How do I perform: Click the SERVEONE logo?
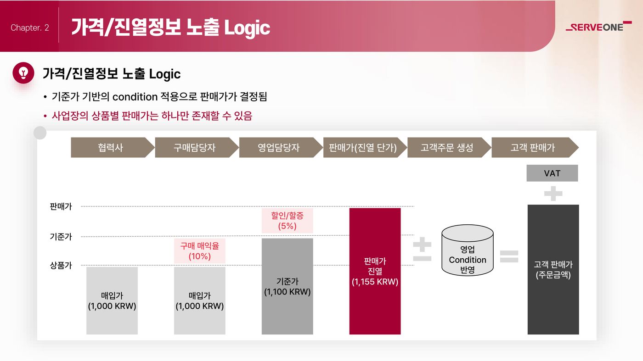[598, 27]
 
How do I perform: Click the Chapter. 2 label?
[30, 28]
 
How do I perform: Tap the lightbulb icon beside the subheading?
[23, 73]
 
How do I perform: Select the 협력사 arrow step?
[113, 147]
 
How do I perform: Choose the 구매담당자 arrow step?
[197, 147]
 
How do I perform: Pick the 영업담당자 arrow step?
[281, 147]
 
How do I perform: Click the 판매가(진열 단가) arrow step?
[365, 147]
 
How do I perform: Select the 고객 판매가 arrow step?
[535, 147]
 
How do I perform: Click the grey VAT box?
[552, 173]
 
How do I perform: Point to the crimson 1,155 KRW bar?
[375, 271]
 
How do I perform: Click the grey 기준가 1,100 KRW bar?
[288, 286]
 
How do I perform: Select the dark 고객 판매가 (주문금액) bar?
[553, 270]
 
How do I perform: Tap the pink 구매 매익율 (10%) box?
[200, 251]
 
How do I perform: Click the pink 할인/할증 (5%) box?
[288, 221]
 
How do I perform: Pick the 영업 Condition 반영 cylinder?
[468, 250]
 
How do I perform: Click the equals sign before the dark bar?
[509, 256]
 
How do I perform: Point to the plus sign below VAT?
[553, 194]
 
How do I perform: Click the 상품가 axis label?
[61, 266]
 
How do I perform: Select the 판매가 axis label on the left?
[61, 206]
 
